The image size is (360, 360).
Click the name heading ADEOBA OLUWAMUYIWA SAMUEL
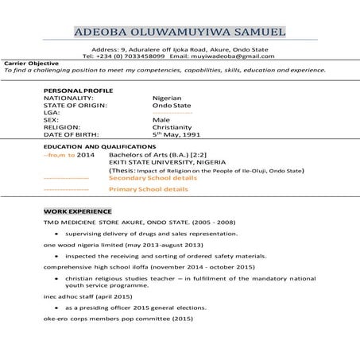click(x=180, y=33)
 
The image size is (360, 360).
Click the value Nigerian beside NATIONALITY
click(x=167, y=98)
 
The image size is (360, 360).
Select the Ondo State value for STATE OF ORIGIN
click(x=172, y=105)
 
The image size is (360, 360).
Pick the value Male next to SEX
click(x=161, y=119)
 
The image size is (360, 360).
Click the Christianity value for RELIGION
click(x=172, y=126)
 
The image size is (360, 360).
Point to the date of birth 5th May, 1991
click(x=176, y=134)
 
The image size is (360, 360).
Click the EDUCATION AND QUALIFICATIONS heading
click(x=99, y=148)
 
